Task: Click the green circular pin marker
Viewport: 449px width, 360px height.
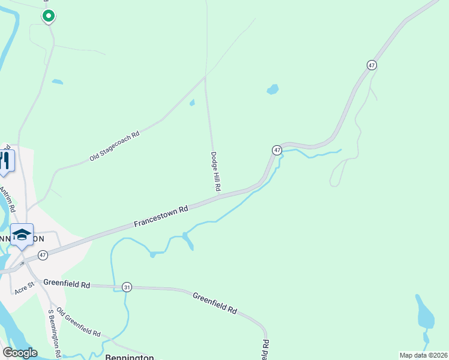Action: [x=49, y=16]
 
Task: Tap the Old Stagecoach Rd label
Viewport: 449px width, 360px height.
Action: [x=114, y=146]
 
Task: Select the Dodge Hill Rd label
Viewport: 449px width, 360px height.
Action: [x=214, y=172]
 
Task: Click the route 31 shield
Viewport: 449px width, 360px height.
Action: [x=127, y=287]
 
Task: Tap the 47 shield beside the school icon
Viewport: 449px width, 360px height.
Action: [x=43, y=255]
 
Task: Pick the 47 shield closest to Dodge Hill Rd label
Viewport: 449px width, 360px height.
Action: [x=277, y=149]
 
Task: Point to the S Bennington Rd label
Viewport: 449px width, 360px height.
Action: [x=55, y=334]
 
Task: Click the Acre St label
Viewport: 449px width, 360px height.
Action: [x=25, y=289]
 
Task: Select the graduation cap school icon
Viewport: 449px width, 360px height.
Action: [x=22, y=234]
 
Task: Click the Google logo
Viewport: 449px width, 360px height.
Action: [x=19, y=353]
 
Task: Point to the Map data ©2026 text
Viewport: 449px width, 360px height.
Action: [x=423, y=355]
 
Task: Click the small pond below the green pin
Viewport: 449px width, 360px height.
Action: [x=57, y=82]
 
